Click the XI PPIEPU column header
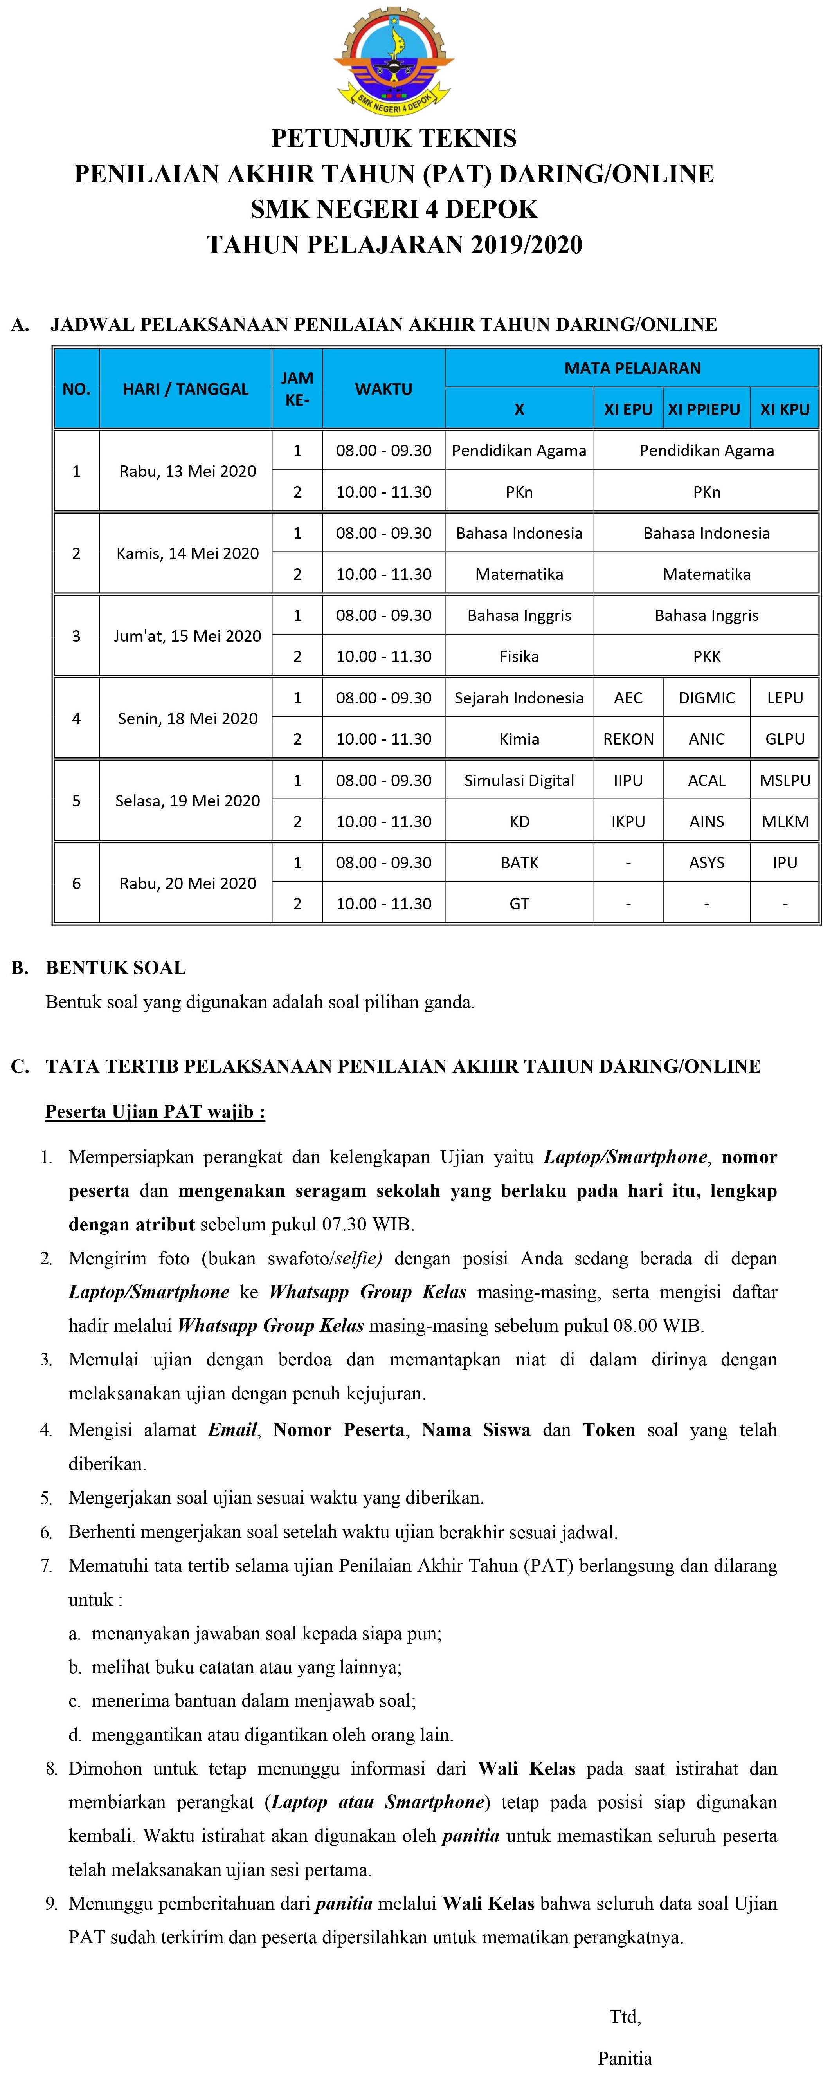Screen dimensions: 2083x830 [x=704, y=409]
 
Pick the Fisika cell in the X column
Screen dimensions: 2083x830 [x=519, y=656]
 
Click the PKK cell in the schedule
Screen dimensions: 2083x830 [x=706, y=656]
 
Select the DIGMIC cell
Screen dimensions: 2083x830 [x=706, y=698]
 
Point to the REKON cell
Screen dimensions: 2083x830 [x=628, y=739]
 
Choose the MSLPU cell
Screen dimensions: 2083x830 [x=785, y=780]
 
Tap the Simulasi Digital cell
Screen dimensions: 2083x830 [x=519, y=780]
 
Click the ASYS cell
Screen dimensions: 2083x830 [x=706, y=863]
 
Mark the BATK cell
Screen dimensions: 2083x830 [x=519, y=863]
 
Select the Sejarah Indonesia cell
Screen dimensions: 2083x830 [x=519, y=698]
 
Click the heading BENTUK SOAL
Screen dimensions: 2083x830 [x=115, y=968]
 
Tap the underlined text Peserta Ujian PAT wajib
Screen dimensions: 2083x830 [x=154, y=1112]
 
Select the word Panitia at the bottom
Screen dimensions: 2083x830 [x=625, y=2058]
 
